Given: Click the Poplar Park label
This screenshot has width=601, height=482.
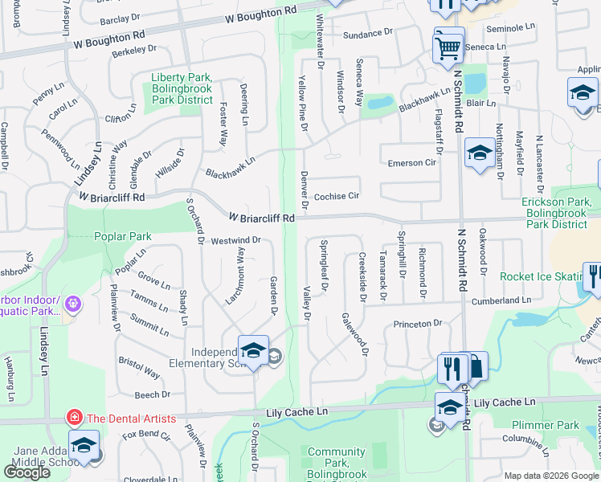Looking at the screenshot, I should [x=122, y=237].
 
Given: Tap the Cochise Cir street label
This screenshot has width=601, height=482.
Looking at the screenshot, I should [x=337, y=196].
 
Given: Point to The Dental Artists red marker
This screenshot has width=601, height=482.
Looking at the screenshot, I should [x=73, y=418].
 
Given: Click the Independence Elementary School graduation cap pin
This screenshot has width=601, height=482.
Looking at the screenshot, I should [x=253, y=350].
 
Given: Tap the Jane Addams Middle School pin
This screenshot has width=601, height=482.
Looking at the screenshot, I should [x=84, y=447].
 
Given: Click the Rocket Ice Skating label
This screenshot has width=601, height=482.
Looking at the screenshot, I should [x=540, y=276].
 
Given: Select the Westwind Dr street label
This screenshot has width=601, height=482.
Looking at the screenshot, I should [x=236, y=240].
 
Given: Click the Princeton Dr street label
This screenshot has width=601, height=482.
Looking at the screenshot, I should [x=418, y=324].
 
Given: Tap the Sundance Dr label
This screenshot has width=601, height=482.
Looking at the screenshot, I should [x=367, y=35].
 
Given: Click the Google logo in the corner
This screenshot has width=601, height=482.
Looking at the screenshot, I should [x=27, y=472].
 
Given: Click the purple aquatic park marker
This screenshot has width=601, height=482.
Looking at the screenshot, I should [x=73, y=304].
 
